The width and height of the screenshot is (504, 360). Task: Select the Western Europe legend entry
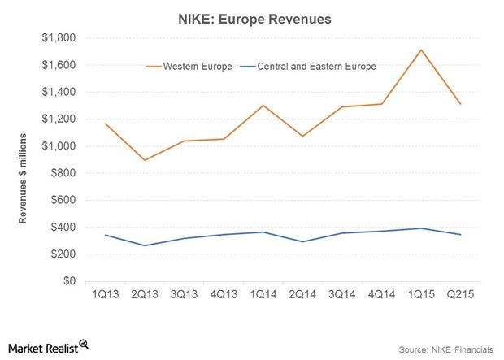189,66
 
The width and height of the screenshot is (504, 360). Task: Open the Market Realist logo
46,347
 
